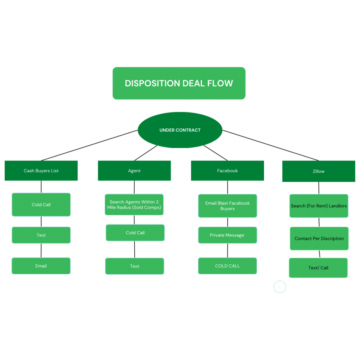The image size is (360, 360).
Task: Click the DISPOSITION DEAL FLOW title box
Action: (179, 83)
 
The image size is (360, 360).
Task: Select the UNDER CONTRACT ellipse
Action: (180, 130)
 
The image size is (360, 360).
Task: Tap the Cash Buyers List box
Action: (41, 171)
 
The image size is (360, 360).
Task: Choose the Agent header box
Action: (134, 171)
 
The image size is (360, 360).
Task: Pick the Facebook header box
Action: (227, 171)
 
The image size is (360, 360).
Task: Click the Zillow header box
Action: (318, 171)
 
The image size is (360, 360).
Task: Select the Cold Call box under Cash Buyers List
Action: (41, 205)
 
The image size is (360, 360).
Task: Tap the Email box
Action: (41, 266)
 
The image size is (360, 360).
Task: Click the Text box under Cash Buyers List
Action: (41, 235)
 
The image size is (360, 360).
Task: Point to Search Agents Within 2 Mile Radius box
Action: (134, 205)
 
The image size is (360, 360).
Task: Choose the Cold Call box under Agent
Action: (135, 232)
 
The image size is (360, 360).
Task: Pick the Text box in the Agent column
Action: (135, 266)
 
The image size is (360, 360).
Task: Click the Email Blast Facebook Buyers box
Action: (227, 206)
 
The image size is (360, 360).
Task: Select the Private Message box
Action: (227, 235)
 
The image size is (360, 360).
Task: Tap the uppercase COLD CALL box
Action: (227, 266)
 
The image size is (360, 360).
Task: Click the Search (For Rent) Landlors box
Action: (319, 206)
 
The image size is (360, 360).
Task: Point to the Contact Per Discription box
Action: (319, 239)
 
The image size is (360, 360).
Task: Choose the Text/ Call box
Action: (318, 268)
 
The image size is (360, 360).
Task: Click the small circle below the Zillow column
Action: (280, 287)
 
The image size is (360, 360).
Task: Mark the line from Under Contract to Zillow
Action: (270, 145)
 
